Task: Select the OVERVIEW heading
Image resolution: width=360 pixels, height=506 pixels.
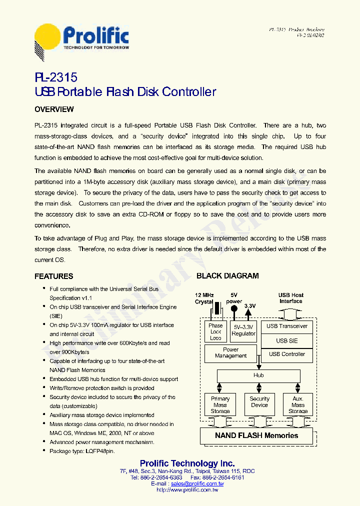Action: point(54,109)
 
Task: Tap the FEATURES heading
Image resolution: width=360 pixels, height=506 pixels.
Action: point(53,276)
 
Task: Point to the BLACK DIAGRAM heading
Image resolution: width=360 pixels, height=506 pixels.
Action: point(227,276)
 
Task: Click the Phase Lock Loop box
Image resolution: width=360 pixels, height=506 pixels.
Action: point(215,331)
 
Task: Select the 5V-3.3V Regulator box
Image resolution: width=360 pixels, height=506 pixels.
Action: point(243,330)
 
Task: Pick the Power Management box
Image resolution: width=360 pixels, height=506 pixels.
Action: point(230,353)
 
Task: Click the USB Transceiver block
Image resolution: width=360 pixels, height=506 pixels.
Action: point(287,326)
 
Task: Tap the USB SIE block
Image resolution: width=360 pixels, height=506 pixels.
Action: point(287,340)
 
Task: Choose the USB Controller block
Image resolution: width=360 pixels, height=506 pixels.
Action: point(287,354)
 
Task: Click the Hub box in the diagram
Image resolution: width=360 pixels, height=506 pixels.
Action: point(258,375)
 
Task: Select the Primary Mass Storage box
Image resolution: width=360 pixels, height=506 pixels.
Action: point(220,404)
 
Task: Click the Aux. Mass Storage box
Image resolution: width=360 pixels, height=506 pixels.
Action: point(298,404)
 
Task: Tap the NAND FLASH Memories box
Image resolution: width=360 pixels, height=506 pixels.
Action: point(256,435)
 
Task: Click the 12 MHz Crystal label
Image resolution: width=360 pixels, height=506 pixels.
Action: point(204,298)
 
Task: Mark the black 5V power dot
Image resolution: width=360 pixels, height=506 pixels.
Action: point(233,308)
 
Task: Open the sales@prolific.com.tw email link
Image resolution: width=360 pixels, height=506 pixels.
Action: point(197,484)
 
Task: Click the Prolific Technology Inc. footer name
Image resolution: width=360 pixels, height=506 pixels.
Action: point(187,463)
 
